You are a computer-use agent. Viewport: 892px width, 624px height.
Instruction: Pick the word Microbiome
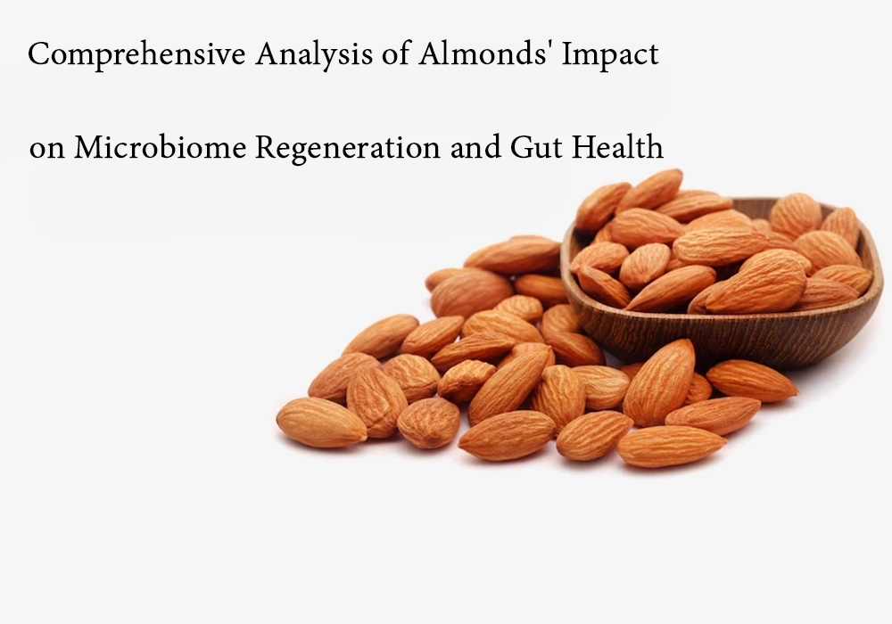tap(160, 148)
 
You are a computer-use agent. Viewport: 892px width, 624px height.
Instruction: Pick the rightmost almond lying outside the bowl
tap(751, 381)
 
